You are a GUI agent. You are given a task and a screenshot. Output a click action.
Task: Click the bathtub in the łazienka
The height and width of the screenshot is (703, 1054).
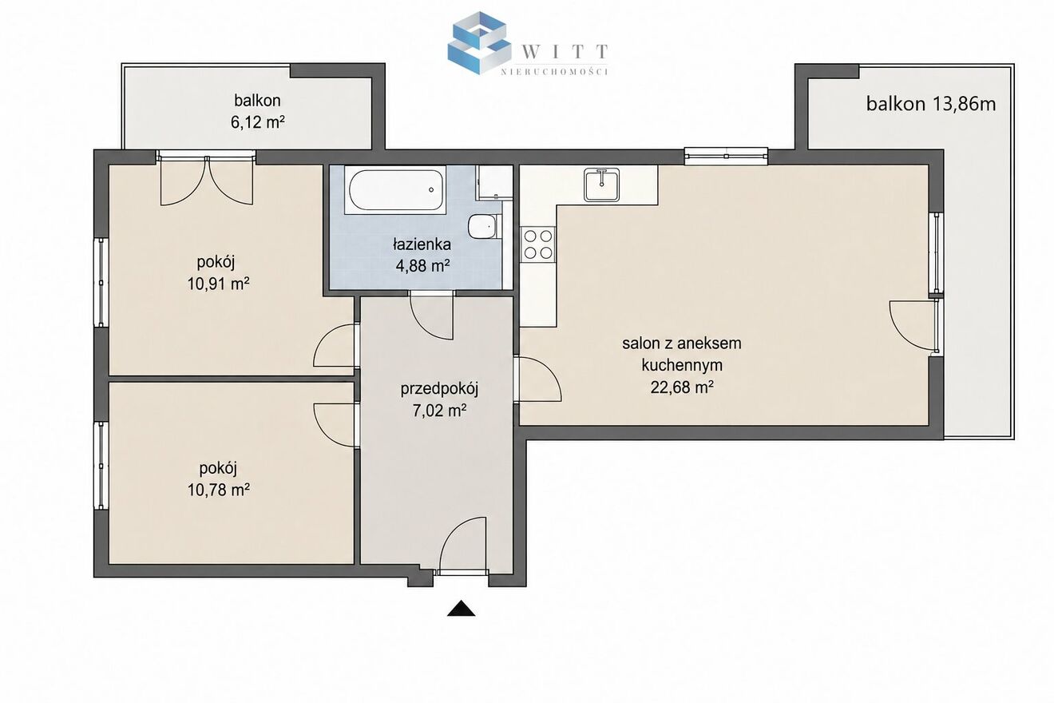coord(395,190)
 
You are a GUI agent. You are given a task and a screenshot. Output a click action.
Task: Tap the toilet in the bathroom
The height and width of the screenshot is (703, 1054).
coord(483,227)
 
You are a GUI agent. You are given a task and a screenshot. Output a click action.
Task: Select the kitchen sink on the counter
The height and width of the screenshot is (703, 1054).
coord(601,185)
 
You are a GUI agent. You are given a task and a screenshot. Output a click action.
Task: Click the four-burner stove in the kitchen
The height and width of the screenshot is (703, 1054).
coord(538,244)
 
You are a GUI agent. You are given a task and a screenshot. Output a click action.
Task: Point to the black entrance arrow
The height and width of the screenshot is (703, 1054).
coord(461,609)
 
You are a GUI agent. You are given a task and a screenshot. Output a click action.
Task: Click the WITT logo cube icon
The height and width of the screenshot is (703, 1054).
coord(479,43)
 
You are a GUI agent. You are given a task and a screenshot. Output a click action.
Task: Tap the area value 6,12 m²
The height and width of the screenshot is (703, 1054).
coord(257,122)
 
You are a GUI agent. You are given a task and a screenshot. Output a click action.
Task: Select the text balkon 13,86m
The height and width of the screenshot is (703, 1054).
coord(931,104)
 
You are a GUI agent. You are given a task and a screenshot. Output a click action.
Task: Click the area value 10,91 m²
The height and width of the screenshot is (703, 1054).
coord(218,284)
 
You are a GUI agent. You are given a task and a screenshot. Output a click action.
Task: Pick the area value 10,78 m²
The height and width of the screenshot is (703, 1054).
coord(218,491)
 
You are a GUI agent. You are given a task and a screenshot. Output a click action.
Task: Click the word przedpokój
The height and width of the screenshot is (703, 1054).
coord(439,389)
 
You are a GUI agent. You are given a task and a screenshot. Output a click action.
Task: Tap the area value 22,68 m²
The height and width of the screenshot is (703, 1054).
coord(682,387)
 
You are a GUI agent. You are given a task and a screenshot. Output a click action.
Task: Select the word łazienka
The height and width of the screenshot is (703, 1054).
coord(422,244)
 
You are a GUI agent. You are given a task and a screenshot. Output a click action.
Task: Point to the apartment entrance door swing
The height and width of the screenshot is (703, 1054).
coord(462,545)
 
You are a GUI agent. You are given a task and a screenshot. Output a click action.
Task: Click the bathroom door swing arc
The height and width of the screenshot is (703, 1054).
coord(431,316)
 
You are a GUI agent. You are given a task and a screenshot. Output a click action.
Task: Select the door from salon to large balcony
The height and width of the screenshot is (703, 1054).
coord(913,325)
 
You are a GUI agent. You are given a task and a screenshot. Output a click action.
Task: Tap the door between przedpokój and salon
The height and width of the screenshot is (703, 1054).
coord(538,379)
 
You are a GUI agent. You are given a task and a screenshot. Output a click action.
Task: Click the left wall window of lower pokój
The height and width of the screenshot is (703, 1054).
coord(101,465)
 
